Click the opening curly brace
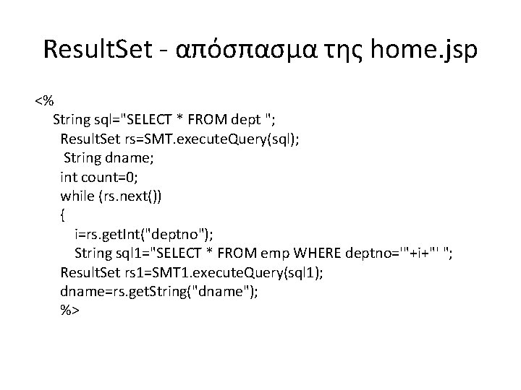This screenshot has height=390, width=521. [64, 214]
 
